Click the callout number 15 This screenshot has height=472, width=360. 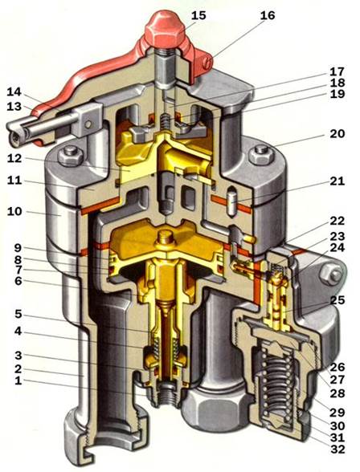(x=198, y=15)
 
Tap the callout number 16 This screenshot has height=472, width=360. (x=268, y=15)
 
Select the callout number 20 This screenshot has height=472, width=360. (x=337, y=133)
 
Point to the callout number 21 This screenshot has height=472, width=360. (x=337, y=181)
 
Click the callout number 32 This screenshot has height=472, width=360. (x=337, y=450)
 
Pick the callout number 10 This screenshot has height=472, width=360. (x=14, y=211)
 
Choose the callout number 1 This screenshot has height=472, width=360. (x=18, y=380)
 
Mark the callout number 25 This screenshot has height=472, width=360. (x=337, y=300)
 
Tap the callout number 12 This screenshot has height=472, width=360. (x=14, y=158)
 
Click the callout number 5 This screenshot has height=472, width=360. (x=18, y=315)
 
